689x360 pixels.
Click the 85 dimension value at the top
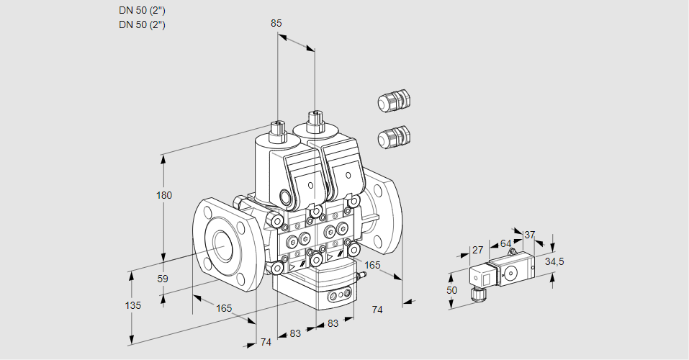click(276, 23)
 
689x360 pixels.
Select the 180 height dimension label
click(165, 196)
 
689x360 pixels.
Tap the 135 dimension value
click(132, 305)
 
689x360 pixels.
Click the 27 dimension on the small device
click(477, 250)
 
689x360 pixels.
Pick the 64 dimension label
click(505, 243)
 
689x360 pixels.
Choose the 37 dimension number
click(529, 235)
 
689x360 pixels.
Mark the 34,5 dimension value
click(554, 261)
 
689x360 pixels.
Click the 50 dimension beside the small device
click(451, 290)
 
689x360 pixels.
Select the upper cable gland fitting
click(393, 101)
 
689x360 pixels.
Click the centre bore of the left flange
click(220, 247)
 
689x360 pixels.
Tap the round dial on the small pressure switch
click(512, 273)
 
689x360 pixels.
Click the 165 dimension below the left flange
click(224, 308)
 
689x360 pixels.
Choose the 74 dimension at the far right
click(377, 309)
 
